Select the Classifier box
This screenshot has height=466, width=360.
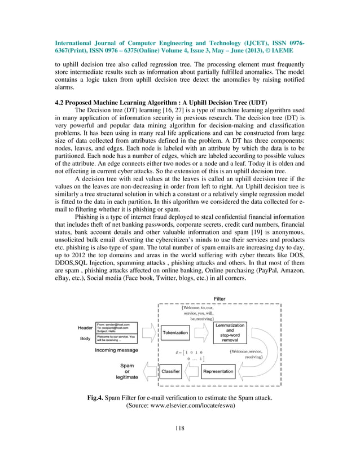pyautogui.click(x=170, y=372)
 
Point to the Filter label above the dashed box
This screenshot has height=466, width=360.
pyautogui.click(x=219, y=298)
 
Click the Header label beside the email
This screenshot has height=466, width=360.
pyautogui.click(x=85, y=327)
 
